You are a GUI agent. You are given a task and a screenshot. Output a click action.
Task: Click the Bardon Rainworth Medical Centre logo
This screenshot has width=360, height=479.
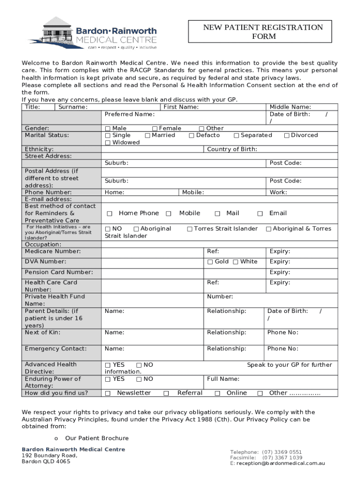coord(93,33)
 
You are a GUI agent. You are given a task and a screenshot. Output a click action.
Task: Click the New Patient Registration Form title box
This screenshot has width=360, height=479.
coord(263,32)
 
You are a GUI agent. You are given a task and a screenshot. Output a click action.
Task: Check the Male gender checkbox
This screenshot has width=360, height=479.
coord(108,129)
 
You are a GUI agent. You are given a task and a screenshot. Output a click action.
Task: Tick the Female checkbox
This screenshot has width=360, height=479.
coord(155,129)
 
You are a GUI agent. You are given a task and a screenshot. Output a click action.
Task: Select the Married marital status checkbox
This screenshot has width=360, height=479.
coord(148,136)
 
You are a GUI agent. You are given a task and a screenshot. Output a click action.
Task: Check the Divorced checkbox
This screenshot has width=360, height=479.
coord(287,136)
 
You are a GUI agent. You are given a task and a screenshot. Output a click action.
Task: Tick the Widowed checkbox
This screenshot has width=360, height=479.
coord(108,143)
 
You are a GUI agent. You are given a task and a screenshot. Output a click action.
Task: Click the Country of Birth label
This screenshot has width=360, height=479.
coord(232,149)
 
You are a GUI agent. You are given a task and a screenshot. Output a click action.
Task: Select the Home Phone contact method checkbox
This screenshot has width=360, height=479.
coord(110,214)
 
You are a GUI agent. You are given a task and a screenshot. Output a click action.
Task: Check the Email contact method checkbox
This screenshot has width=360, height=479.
coord(260,214)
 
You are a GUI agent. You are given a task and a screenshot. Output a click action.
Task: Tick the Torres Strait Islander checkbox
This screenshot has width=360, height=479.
coord(190,229)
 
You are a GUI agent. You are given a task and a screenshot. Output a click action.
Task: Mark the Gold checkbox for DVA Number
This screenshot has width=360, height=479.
coord(210,262)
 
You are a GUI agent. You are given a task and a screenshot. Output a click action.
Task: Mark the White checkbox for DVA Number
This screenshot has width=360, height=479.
coord(236,262)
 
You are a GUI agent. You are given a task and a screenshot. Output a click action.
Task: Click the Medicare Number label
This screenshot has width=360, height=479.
coord(52,251)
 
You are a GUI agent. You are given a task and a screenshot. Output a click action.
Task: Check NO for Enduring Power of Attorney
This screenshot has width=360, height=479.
coord(139,379)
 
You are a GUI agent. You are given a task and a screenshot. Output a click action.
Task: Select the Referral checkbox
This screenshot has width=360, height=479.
coord(166,393)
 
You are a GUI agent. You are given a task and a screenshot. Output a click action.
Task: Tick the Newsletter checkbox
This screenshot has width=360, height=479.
coord(108,393)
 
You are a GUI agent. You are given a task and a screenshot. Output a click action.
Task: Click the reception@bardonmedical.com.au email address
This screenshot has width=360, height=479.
coord(281,463)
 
